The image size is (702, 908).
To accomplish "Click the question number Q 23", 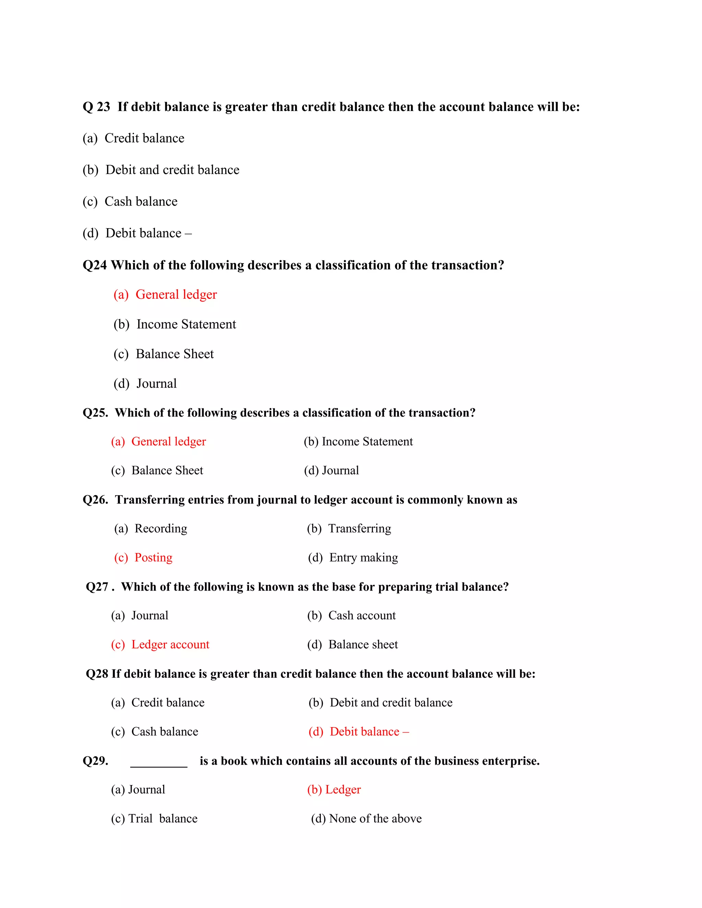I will [x=96, y=107].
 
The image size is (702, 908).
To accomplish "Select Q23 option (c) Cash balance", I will [x=130, y=201].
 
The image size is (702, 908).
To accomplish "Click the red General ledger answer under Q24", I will [x=165, y=295].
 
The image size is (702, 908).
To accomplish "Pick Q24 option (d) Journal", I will [x=145, y=384].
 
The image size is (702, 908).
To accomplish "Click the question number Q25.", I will [x=95, y=413].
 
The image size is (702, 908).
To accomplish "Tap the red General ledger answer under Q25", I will [x=158, y=442].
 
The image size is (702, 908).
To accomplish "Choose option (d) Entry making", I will [x=353, y=557].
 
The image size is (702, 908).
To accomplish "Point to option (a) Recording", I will [x=150, y=528].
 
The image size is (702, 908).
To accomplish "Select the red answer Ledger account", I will [x=160, y=645].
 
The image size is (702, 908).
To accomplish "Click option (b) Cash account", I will [x=351, y=615].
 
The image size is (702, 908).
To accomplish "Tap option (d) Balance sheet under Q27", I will [x=352, y=645].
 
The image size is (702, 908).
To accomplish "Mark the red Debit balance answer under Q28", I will [x=359, y=732].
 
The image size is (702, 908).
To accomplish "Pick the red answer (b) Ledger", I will [x=334, y=789].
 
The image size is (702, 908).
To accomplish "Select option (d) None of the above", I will [x=366, y=819].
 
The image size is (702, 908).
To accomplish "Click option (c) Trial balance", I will [x=154, y=819].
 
